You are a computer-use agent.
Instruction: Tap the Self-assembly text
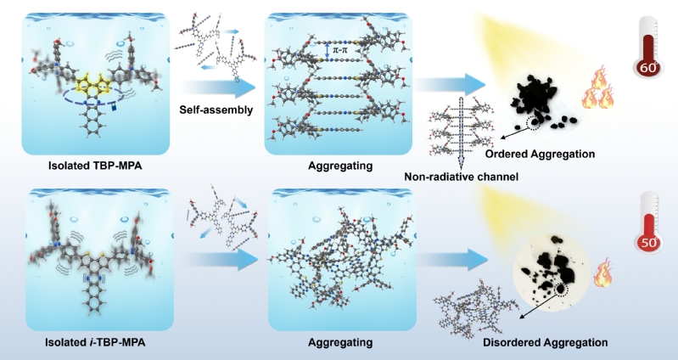pos(216,110)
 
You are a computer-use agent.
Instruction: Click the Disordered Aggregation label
pos(545,343)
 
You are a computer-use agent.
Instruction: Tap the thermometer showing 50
pos(650,232)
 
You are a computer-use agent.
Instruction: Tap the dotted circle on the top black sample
pos(535,124)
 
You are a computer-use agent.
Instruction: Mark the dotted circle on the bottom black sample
pos(560,290)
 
